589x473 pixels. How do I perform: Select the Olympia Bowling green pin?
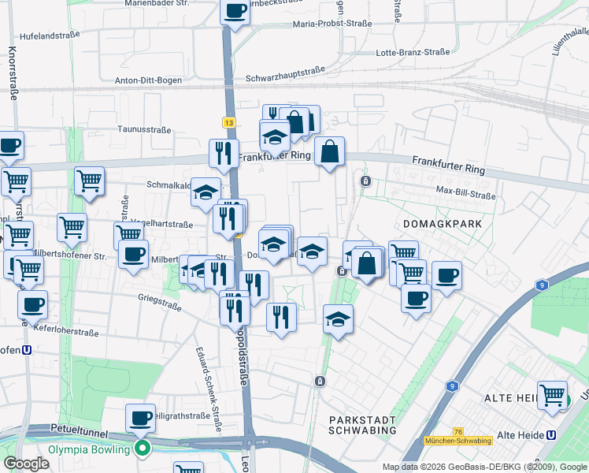(x=143, y=449)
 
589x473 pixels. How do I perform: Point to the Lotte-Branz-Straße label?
(x=413, y=52)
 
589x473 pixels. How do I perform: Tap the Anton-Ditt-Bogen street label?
(x=149, y=80)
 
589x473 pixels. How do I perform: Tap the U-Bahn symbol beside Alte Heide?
(x=551, y=434)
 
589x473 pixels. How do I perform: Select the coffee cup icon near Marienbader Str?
(x=235, y=11)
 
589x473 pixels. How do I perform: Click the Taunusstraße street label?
(x=144, y=128)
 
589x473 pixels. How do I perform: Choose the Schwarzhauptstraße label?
(x=286, y=78)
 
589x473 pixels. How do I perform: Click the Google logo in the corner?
(x=27, y=464)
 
